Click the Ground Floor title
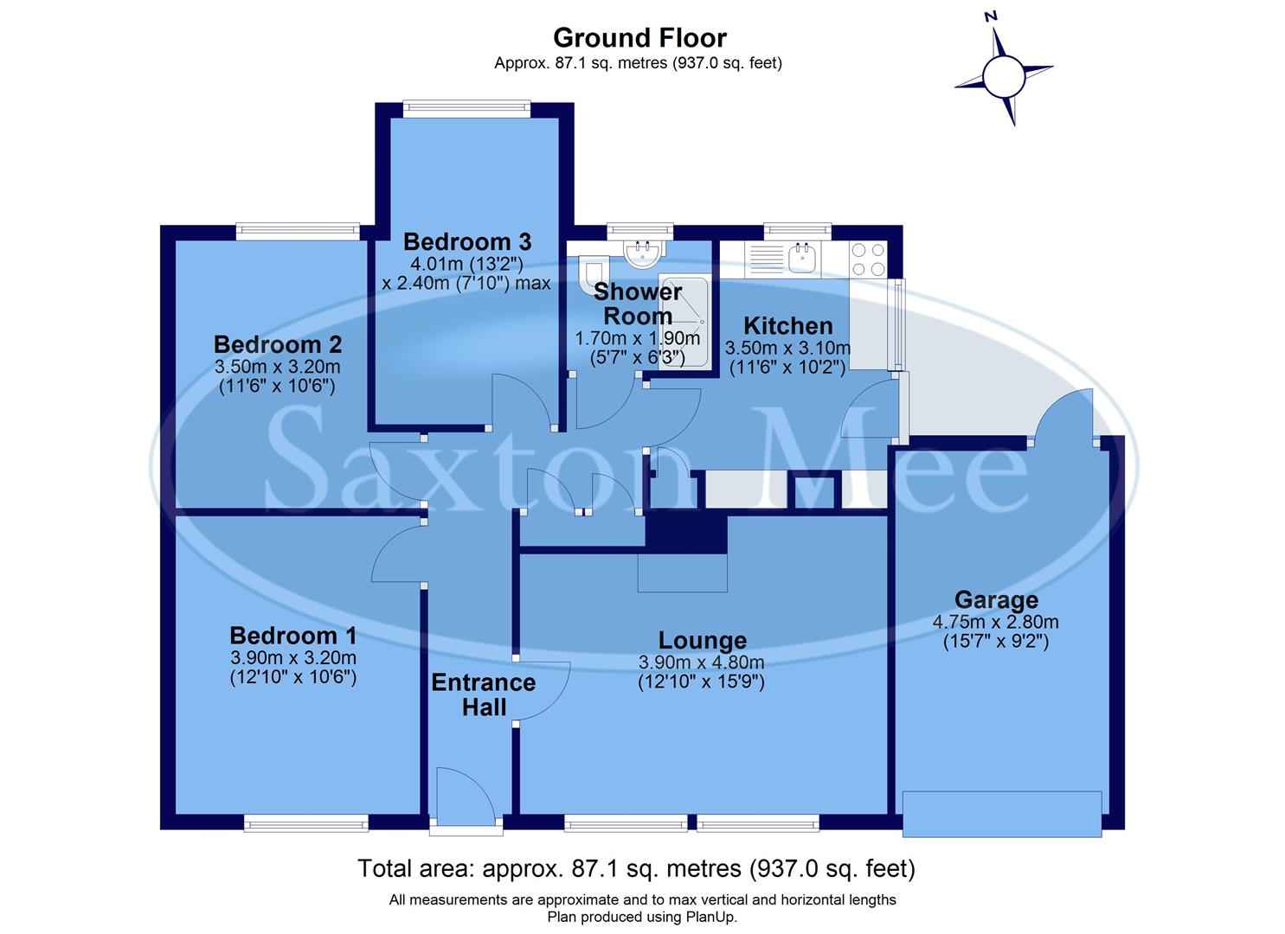click(639, 38)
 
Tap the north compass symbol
click(1004, 76)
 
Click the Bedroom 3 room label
click(466, 242)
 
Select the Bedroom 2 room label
click(278, 344)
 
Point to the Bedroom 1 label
click(292, 636)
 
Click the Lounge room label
click(702, 641)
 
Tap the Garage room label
click(996, 599)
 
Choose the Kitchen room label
click(787, 326)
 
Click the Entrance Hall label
click(484, 694)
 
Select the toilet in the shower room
click(590, 271)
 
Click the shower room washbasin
click(642, 252)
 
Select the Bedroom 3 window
click(466, 108)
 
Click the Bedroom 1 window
click(306, 823)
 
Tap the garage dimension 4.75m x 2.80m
click(995, 622)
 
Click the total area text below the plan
click(636, 868)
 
